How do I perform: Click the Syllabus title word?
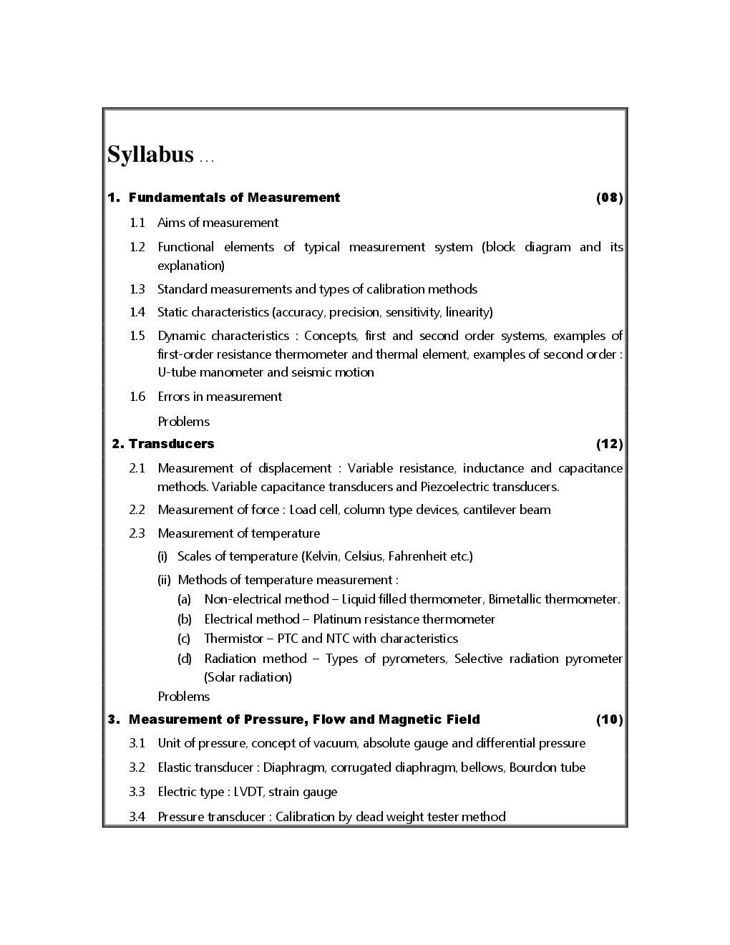150,155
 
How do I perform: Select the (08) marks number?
609,198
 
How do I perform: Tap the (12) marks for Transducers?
609,444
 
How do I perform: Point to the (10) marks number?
609,719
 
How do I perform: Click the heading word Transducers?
172,444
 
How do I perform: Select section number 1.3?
137,289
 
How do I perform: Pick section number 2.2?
137,510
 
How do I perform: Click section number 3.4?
137,817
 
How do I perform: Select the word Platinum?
337,619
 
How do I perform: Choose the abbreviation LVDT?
248,792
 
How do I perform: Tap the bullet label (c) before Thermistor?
184,639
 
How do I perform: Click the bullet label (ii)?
164,580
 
